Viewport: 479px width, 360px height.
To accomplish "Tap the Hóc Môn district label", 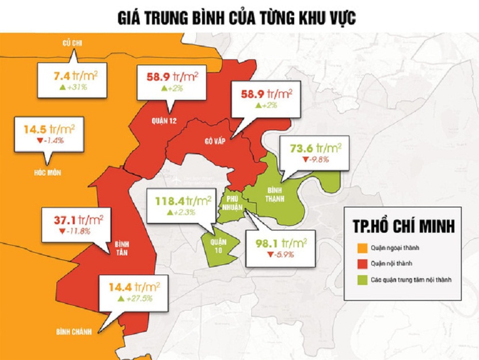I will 47,172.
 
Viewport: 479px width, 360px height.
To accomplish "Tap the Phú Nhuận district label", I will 233,199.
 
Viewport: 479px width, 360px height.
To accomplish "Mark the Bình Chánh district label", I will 74,332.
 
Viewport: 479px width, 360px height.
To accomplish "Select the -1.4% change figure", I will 50,141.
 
